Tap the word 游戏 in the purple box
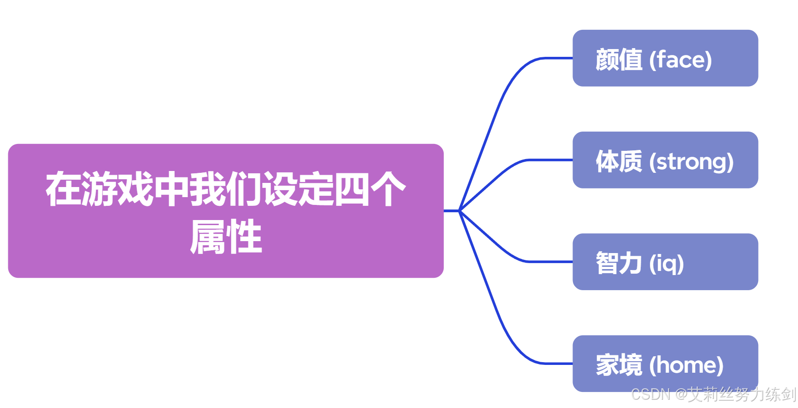click(x=118, y=189)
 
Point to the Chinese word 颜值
click(x=619, y=60)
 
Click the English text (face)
click(x=681, y=60)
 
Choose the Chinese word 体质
click(x=619, y=161)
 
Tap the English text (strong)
click(x=691, y=162)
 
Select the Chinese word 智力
click(x=619, y=263)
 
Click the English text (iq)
click(x=666, y=264)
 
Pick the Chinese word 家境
click(x=619, y=365)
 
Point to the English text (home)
click(x=686, y=365)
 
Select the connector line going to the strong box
click(x=504, y=172)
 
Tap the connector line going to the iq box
click(x=504, y=250)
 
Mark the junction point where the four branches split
click(x=459, y=211)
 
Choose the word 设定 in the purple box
click(x=297, y=189)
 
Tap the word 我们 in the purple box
click(x=226, y=189)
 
